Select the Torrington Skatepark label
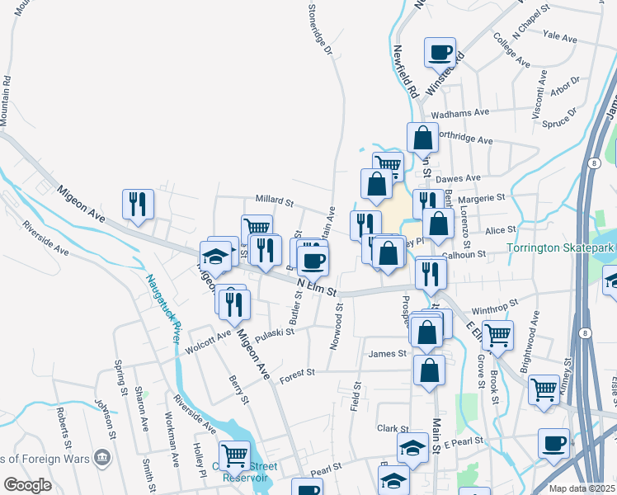(x=560, y=247)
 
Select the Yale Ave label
(x=560, y=37)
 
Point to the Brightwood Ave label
(x=535, y=331)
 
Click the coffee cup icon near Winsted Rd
(x=440, y=53)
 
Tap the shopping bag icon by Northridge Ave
(x=422, y=138)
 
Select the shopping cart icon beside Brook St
(x=498, y=335)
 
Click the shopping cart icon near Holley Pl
(x=235, y=453)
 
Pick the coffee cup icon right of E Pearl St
(x=553, y=442)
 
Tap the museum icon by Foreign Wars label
(x=102, y=455)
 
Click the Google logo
(x=28, y=485)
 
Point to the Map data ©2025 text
(x=581, y=488)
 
